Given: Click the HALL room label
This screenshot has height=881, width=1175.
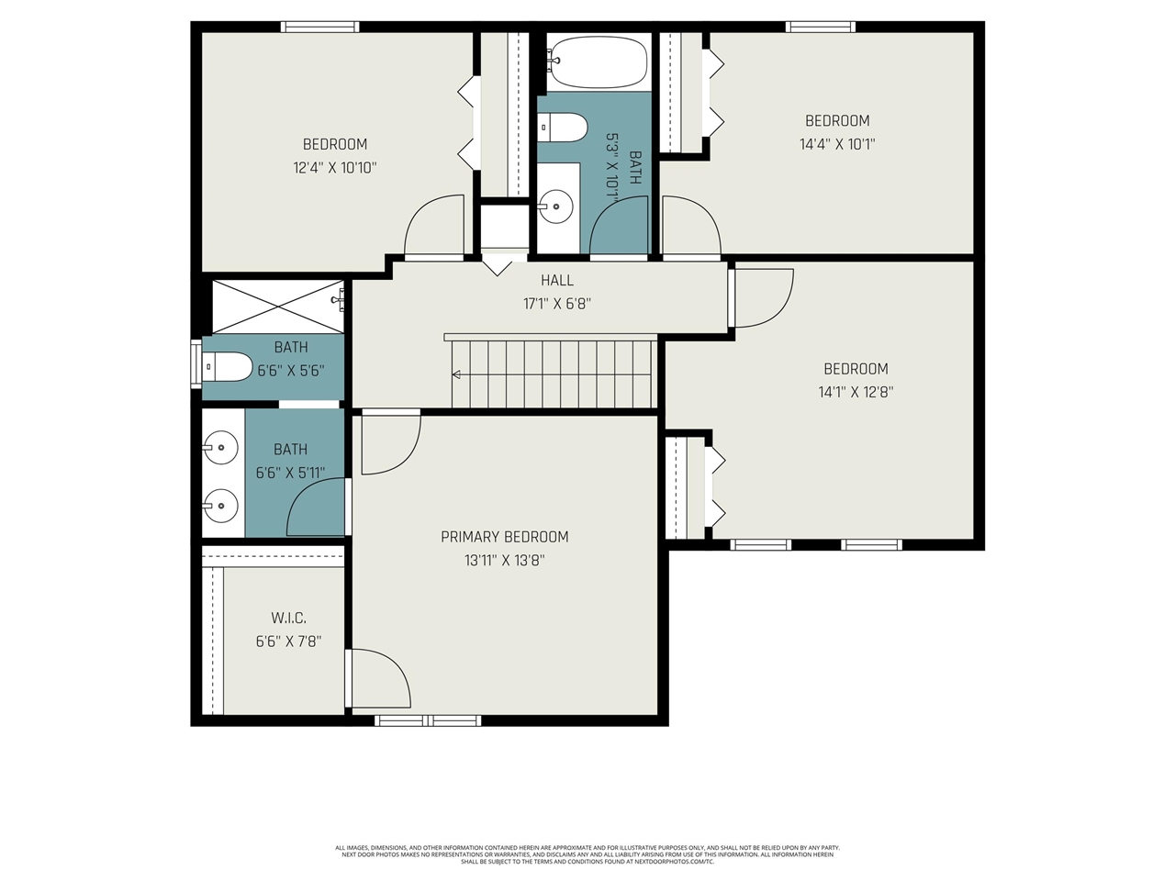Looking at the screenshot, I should pos(556,281).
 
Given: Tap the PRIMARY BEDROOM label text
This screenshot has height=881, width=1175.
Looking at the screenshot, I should pos(504,537).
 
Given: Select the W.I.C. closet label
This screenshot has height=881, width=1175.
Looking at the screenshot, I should pos(288,619).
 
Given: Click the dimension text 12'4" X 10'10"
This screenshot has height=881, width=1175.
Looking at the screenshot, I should pos(335,168).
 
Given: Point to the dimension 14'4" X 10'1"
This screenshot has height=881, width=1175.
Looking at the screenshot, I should pos(836,144).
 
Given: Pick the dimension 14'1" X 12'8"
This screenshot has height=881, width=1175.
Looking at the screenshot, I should pos(856,392).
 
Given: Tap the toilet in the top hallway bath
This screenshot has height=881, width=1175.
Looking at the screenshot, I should pos(563,128).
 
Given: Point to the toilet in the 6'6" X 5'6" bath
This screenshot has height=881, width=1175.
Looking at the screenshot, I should pos(227,367).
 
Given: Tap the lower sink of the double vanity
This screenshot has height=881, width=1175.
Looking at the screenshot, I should pos(220,505).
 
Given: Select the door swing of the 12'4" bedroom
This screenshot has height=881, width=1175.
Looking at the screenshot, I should pos(434,227).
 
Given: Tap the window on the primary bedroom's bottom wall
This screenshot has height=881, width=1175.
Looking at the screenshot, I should pos(428,720).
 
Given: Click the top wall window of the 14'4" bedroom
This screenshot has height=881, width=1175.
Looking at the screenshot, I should pos(820,27).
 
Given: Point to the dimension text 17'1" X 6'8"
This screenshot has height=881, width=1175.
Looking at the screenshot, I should pos(556,304).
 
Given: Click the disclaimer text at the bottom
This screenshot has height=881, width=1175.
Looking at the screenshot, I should pos(587,854).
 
